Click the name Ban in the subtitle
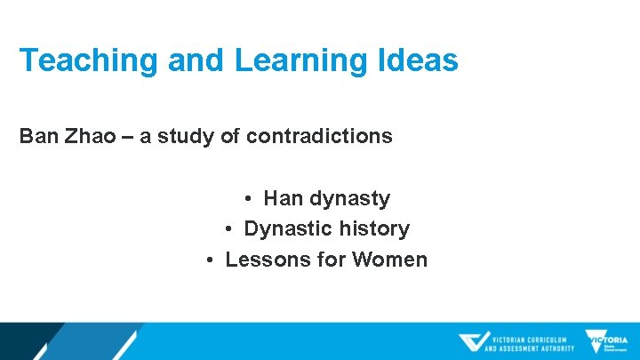click(x=38, y=136)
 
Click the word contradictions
click(x=319, y=136)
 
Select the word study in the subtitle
click(x=187, y=136)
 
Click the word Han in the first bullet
click(x=283, y=197)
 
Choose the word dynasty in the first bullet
click(x=349, y=198)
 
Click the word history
click(x=372, y=228)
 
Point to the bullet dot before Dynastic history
click(x=228, y=229)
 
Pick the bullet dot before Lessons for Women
click(x=210, y=260)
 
